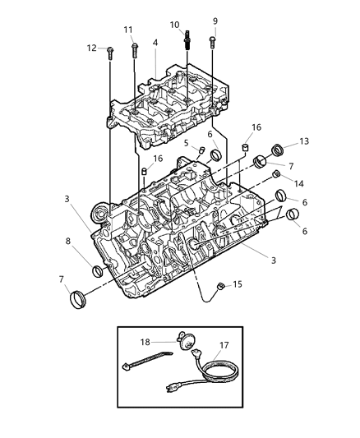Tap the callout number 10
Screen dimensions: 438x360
pyautogui.click(x=173, y=25)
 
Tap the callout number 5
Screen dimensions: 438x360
pyautogui.click(x=186, y=143)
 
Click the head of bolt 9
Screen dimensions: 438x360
pyautogui.click(x=213, y=38)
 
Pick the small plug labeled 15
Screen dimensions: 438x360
pyautogui.click(x=220, y=286)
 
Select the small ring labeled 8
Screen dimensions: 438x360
pyautogui.click(x=99, y=271)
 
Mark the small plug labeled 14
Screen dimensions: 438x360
pyautogui.click(x=277, y=174)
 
